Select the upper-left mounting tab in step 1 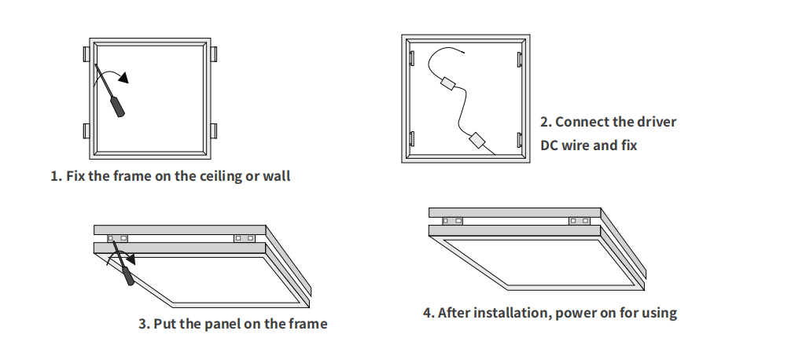tap(86, 54)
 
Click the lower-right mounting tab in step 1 tap(214, 130)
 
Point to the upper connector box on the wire tap(450, 83)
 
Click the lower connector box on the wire tap(477, 141)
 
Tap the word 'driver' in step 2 tap(657, 122)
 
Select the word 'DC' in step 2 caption tap(549, 145)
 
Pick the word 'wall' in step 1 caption tap(277, 176)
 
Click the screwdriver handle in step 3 tap(127, 275)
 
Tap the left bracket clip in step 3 tap(119, 237)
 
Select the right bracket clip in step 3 tap(245, 237)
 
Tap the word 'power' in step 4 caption tap(574, 313)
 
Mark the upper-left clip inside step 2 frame tap(411, 57)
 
